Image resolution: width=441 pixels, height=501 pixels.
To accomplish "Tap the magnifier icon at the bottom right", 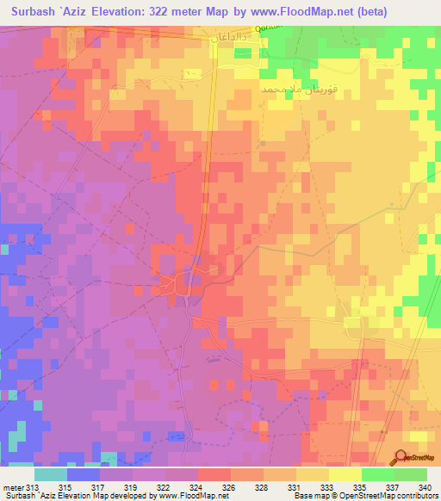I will tap(399, 457).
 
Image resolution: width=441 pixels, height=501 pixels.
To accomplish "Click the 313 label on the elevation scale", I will tap(34, 488).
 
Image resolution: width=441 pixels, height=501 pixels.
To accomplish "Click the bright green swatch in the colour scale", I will tap(378, 474).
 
